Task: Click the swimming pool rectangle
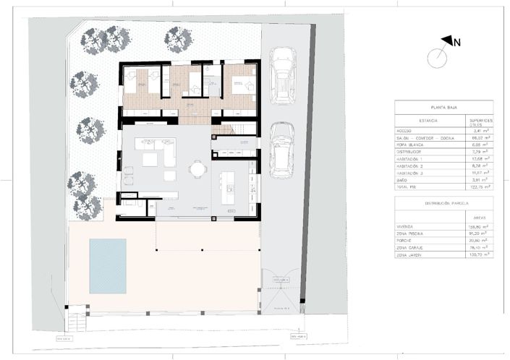click(107, 265)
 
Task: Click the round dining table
click(197, 169)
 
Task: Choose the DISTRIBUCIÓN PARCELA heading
click(444, 204)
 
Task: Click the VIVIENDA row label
click(406, 226)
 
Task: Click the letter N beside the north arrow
click(457, 43)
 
